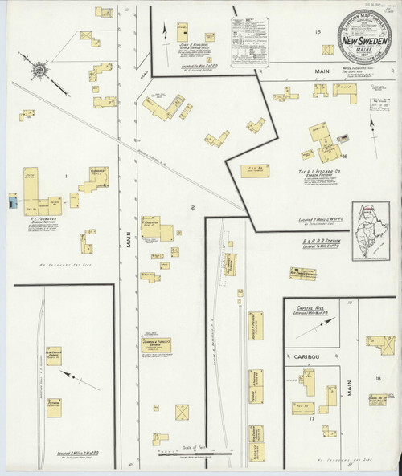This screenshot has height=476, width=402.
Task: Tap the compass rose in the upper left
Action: (37, 75)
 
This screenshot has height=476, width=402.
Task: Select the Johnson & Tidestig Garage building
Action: (157, 345)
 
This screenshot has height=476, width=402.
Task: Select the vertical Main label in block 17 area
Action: (351, 392)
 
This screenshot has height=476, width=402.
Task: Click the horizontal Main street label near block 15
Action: (321, 71)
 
